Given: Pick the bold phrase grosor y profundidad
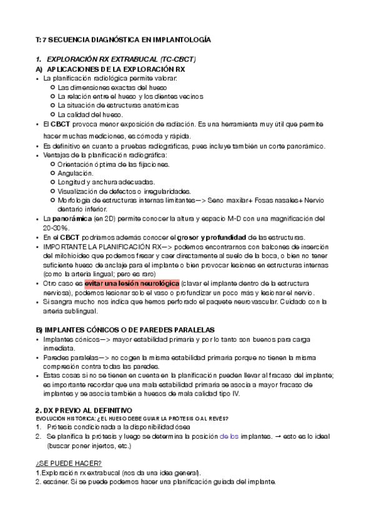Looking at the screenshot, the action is pos(212,237).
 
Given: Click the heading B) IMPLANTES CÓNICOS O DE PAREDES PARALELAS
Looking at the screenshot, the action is pos(125,329).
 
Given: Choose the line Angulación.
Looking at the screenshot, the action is pos(76,172).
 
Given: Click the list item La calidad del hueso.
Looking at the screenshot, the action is pos(91,114).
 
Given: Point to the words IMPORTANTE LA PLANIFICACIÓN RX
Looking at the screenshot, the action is pos(109,247).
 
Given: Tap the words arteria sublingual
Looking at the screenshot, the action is pos(71,311).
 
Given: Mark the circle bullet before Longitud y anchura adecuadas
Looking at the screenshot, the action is pos(52,182).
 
